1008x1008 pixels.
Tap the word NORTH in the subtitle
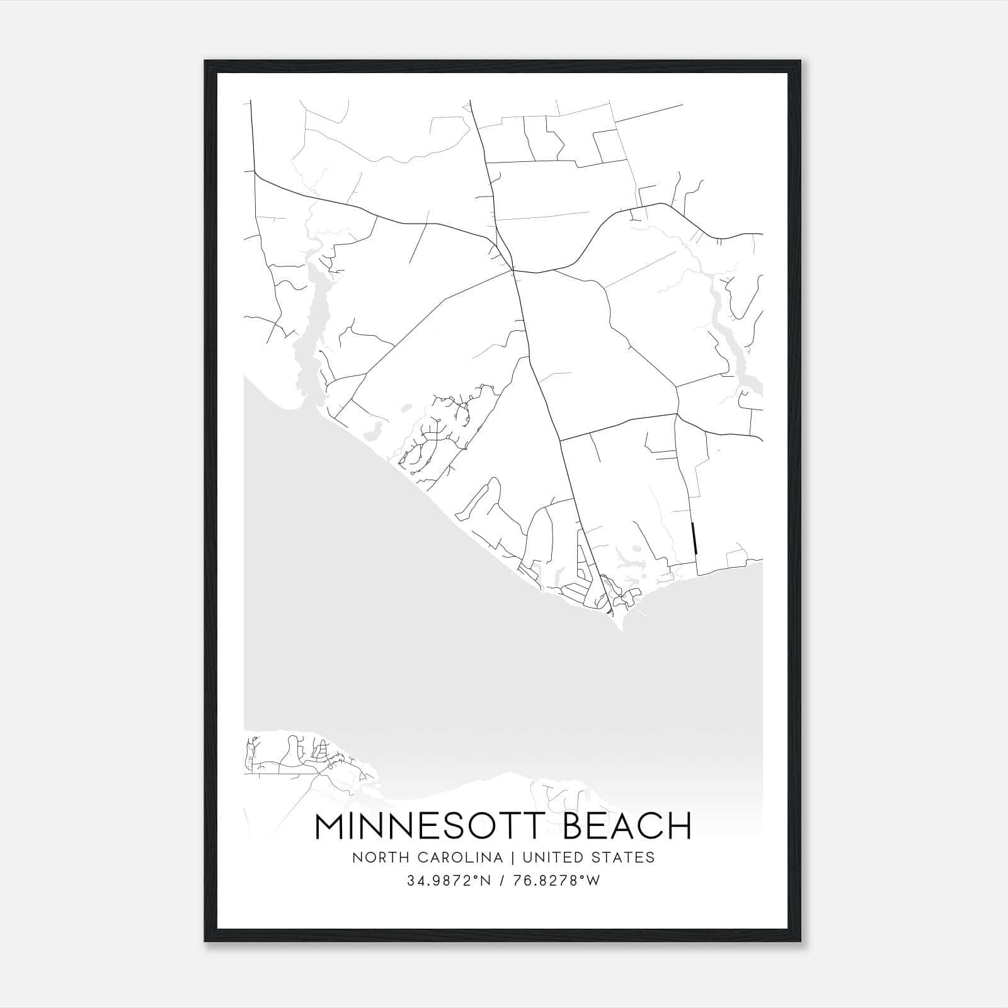pos(376,857)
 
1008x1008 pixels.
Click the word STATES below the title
pos(624,857)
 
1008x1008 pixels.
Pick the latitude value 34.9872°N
pos(448,881)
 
